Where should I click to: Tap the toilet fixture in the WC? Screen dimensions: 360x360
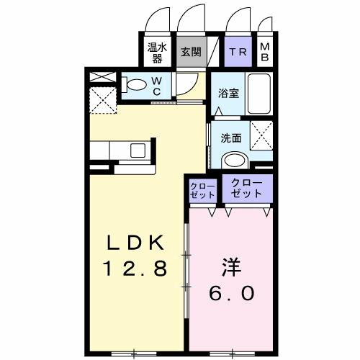click(135, 85)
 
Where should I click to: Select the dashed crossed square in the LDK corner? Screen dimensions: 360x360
click(100, 99)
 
